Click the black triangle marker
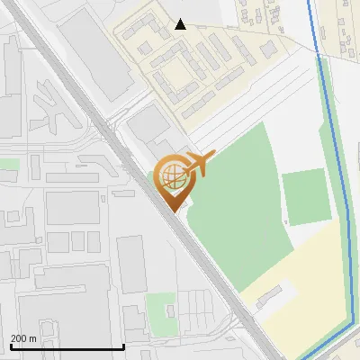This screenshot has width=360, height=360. (181, 24)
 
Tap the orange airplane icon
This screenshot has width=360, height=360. (200, 165)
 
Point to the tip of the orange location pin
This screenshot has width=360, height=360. (174, 211)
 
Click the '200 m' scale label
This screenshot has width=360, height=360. (24, 338)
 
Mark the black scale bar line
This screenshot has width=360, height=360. (67, 346)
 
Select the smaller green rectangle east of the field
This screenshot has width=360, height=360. (303, 195)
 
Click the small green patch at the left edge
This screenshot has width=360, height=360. (9, 165)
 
